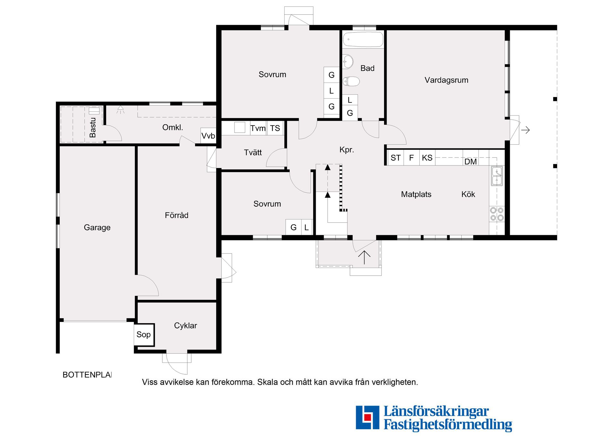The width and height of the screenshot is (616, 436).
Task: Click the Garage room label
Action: [97, 227]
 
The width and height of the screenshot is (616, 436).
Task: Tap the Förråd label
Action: [176, 215]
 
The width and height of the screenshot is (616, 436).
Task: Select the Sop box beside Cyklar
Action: [144, 334]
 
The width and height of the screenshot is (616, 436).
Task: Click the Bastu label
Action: [93, 128]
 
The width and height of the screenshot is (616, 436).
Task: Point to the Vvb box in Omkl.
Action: [208, 136]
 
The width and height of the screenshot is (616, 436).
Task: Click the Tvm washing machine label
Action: [258, 128]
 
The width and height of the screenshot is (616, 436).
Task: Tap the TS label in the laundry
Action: [275, 128]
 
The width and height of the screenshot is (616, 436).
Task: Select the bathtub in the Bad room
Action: [363, 40]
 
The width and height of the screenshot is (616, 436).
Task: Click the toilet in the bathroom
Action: [351, 81]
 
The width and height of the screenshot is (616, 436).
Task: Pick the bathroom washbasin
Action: [348, 61]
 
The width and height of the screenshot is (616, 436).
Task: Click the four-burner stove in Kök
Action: [497, 214]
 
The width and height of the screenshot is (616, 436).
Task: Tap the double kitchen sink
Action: [497, 176]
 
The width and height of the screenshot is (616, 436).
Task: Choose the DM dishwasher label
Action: [470, 162]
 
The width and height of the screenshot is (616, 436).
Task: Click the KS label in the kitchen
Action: [427, 158]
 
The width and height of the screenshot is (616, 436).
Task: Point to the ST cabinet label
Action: [395, 158]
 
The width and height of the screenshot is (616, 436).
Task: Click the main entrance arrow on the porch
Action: [364, 257]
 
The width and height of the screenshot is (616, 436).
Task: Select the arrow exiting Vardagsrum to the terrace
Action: [525, 130]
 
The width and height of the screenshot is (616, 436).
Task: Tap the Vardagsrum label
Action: [446, 80]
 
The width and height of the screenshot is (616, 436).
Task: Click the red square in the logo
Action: [367, 417]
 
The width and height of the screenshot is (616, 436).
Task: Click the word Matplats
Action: [416, 194]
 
